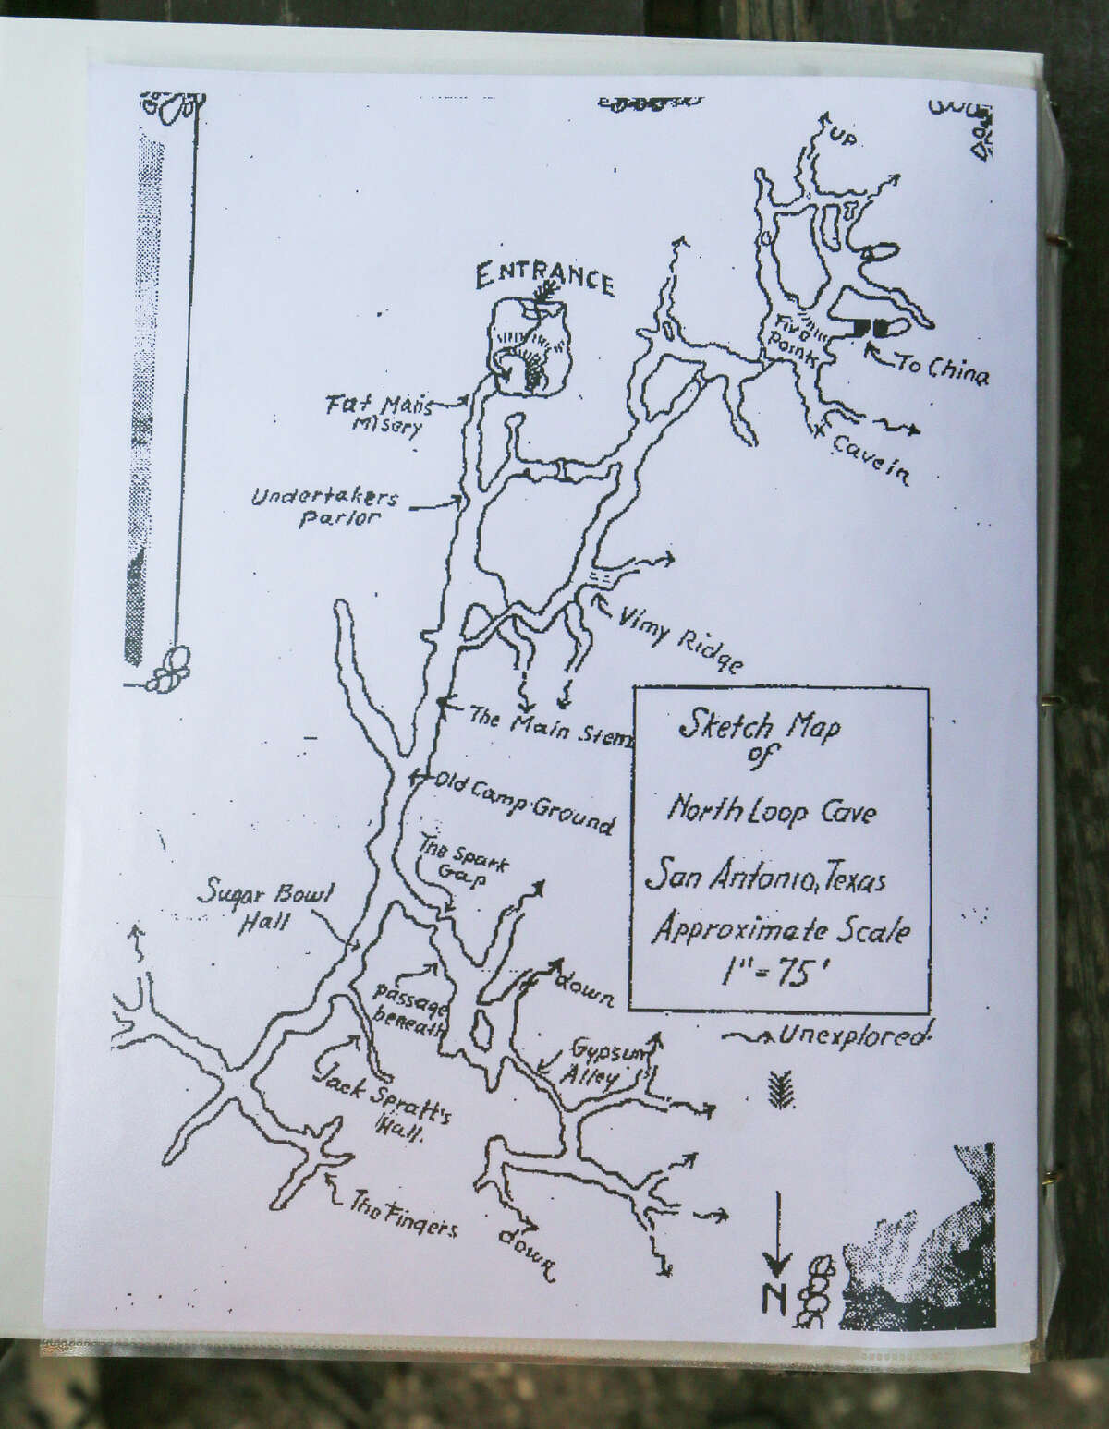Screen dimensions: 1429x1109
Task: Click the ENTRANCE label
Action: (x=544, y=277)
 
